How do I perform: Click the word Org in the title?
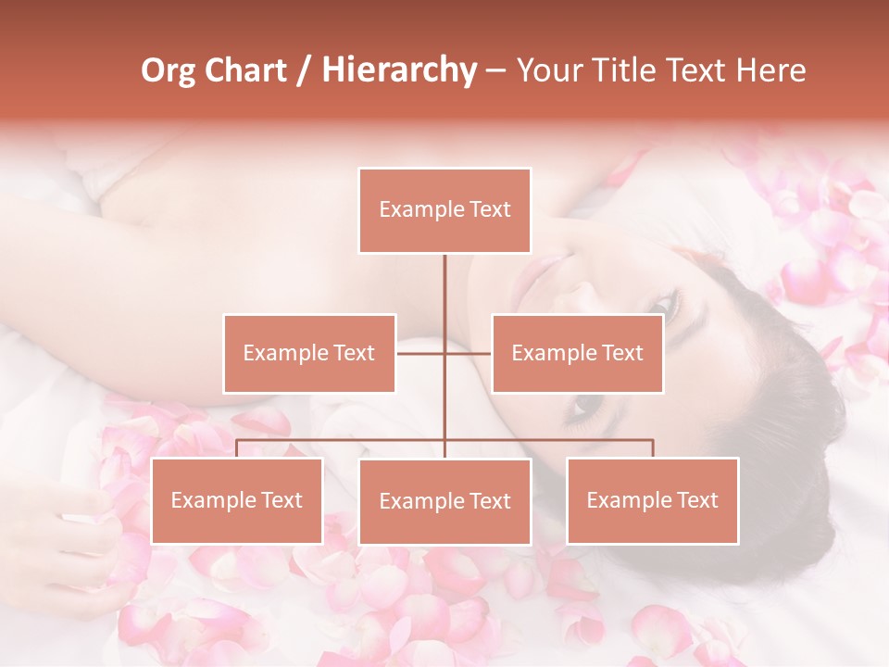pyautogui.click(x=169, y=70)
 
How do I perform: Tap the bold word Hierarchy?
pyautogui.click(x=398, y=70)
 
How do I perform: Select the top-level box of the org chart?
pyautogui.click(x=444, y=210)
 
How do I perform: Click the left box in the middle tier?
pyautogui.click(x=309, y=353)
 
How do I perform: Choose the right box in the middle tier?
pyautogui.click(x=577, y=353)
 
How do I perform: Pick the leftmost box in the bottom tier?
pyautogui.click(x=237, y=500)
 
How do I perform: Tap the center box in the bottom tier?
pyautogui.click(x=444, y=501)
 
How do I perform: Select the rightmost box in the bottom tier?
pyautogui.click(x=652, y=500)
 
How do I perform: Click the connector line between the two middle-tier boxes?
pyautogui.click(x=444, y=353)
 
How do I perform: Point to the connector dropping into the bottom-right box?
pyautogui.click(x=653, y=448)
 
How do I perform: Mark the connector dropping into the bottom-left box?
pyautogui.click(x=237, y=448)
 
